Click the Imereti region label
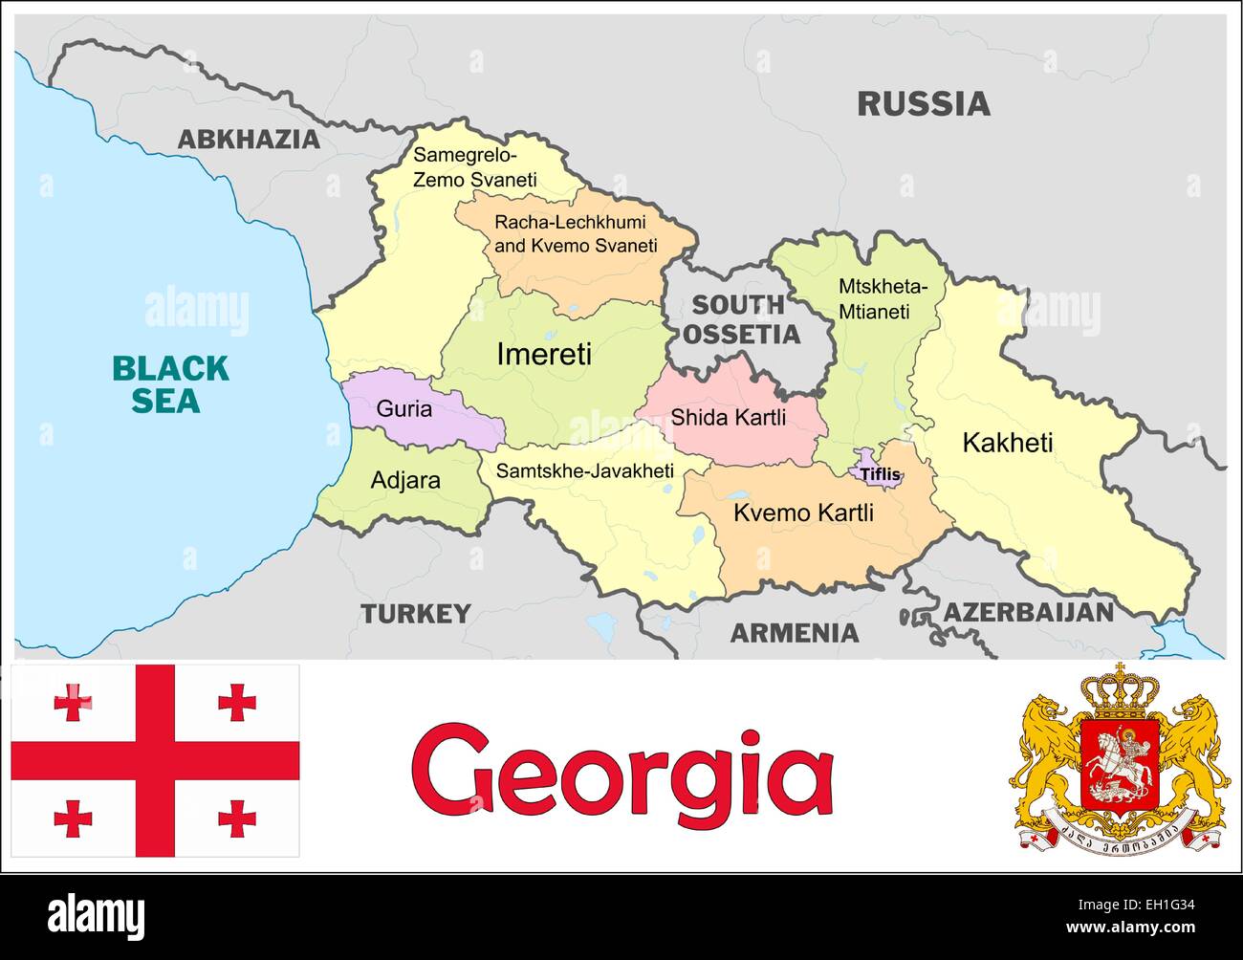point(544,355)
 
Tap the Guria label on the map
point(403,409)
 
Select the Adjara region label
point(405,479)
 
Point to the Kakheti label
point(1007,443)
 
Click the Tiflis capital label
point(880,473)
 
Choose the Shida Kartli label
point(729,417)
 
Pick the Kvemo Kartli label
point(803,513)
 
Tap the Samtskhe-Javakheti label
point(584,470)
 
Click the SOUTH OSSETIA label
point(743,319)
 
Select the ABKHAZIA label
point(249,140)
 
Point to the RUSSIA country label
point(923,103)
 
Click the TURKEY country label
point(415,613)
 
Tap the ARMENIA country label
point(795,632)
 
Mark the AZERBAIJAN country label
point(1029,612)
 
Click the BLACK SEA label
point(170,383)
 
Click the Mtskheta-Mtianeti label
point(883,298)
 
